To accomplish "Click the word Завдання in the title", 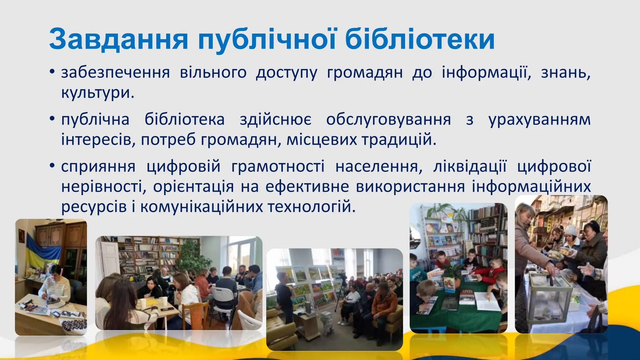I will click(x=118, y=40).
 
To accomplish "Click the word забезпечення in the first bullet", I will click(x=115, y=73).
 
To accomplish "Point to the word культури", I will click(x=97, y=93).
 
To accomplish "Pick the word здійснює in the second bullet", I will click(x=275, y=120).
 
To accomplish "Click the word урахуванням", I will click(x=539, y=120).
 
